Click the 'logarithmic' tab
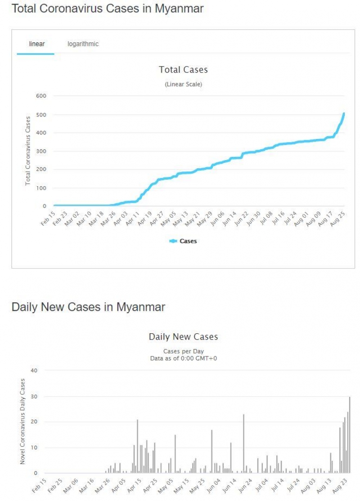coord(83,44)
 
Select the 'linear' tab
coord(36,44)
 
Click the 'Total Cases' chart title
coord(183,70)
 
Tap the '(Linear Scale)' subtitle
coord(183,84)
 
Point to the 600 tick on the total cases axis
coord(41,96)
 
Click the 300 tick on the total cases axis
coord(41,152)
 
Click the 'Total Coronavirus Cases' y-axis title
coord(28,150)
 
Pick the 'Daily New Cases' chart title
coord(183,337)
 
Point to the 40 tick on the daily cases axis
coord(34,371)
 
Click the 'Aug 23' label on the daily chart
coord(341,486)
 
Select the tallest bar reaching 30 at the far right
coord(350,434)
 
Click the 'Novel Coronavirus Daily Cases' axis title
coord(22,421)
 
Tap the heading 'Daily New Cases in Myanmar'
coord(88,307)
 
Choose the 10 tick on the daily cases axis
coord(35,447)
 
